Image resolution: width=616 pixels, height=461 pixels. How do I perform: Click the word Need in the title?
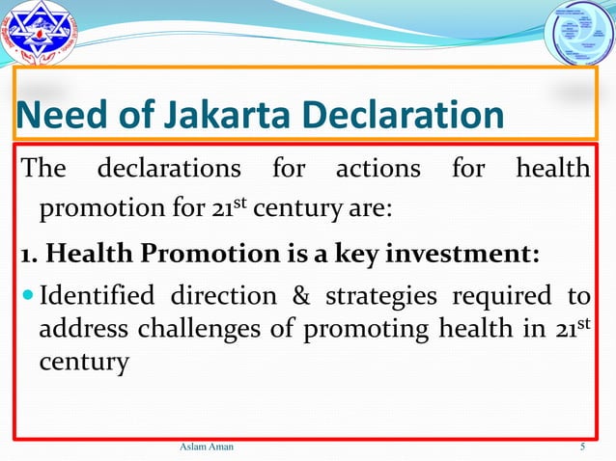tap(52, 117)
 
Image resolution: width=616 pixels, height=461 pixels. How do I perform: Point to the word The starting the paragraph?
tap(43, 170)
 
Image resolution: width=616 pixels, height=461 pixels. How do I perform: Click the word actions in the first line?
tap(378, 170)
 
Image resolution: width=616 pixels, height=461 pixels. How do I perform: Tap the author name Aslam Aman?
tap(207, 447)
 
